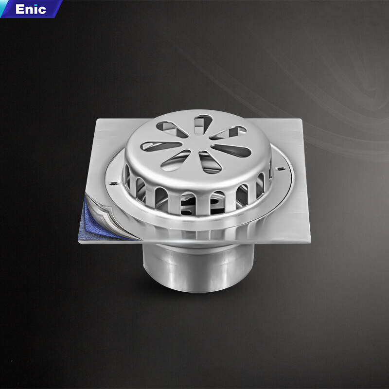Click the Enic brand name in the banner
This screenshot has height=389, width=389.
coord(31,9)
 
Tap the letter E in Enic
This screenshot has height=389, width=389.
coord(19,9)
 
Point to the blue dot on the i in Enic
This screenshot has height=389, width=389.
coord(36,5)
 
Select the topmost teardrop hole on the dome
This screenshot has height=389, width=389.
coord(203,124)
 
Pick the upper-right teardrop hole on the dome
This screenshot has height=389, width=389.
coord(229,132)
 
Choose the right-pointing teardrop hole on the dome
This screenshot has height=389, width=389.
coord(232,150)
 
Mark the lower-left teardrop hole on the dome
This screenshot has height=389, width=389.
coord(176,160)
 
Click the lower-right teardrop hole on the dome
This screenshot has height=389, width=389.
coord(210,163)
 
